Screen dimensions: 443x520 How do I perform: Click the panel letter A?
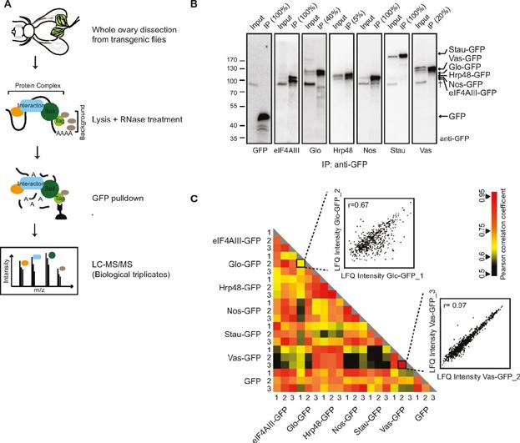pyautogui.click(x=6, y=4)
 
